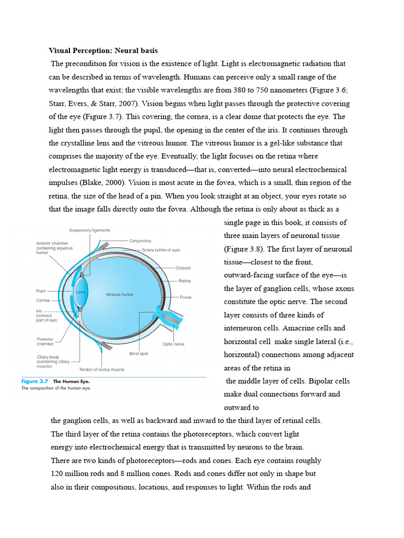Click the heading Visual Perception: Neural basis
(x=103, y=51)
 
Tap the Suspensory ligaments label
(x=89, y=231)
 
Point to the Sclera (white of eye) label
(x=161, y=250)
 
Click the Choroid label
(x=183, y=268)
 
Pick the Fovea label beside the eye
(x=185, y=297)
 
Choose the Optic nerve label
(x=173, y=344)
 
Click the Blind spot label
(x=139, y=354)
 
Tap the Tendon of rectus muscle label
(x=102, y=369)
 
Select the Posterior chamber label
(x=45, y=342)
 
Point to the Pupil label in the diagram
(x=41, y=291)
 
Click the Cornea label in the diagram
(x=43, y=301)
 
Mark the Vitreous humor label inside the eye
(x=119, y=295)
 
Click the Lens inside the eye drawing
(x=80, y=292)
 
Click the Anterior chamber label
(x=53, y=243)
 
